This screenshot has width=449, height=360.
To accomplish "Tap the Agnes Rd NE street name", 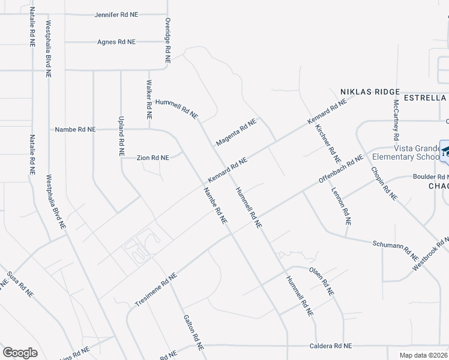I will (116, 42).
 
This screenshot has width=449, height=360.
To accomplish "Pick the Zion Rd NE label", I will (153, 158).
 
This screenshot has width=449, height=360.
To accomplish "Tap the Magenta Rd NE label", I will (236, 132).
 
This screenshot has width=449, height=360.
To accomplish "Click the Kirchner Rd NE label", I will (328, 145).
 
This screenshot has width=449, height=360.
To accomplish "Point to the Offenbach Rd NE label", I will (341, 169).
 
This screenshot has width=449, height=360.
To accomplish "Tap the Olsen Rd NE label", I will (321, 280).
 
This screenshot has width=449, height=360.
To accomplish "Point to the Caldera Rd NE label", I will (331, 346).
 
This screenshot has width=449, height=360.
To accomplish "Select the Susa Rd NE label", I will (20, 285).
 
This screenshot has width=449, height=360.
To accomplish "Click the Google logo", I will (20, 352).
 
